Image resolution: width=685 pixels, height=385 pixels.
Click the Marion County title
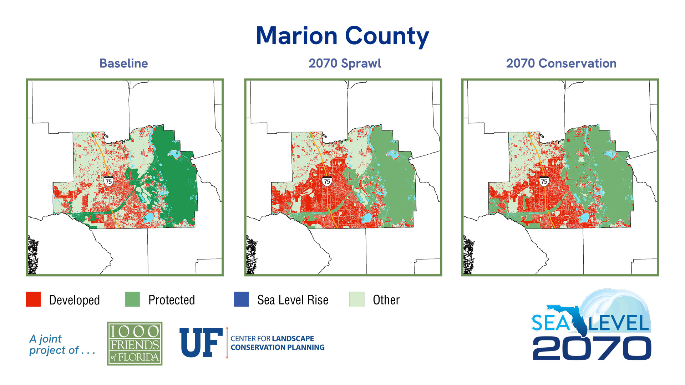342,36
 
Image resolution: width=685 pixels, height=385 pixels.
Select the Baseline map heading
123,63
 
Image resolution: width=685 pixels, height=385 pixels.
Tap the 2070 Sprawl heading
345,63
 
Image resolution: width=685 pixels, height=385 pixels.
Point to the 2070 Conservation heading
561,63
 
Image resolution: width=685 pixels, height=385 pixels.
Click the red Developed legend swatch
33,299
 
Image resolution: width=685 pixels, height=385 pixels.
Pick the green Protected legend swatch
132,299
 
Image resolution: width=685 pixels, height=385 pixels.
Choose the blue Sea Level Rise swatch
241,299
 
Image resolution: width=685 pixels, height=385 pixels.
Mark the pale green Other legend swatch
357,299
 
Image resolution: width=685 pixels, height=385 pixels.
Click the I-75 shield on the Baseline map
109,181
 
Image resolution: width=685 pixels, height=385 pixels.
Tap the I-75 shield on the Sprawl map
327,181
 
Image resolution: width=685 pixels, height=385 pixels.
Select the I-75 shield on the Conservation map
544,181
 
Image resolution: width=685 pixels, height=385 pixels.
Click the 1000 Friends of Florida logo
135,343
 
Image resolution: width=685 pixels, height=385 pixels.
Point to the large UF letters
201,343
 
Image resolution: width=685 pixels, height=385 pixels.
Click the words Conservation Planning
278,348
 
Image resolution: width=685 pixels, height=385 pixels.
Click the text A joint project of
61,344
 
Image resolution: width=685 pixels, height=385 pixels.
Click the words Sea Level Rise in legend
293,300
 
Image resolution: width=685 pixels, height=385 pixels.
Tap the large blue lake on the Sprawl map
367,218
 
